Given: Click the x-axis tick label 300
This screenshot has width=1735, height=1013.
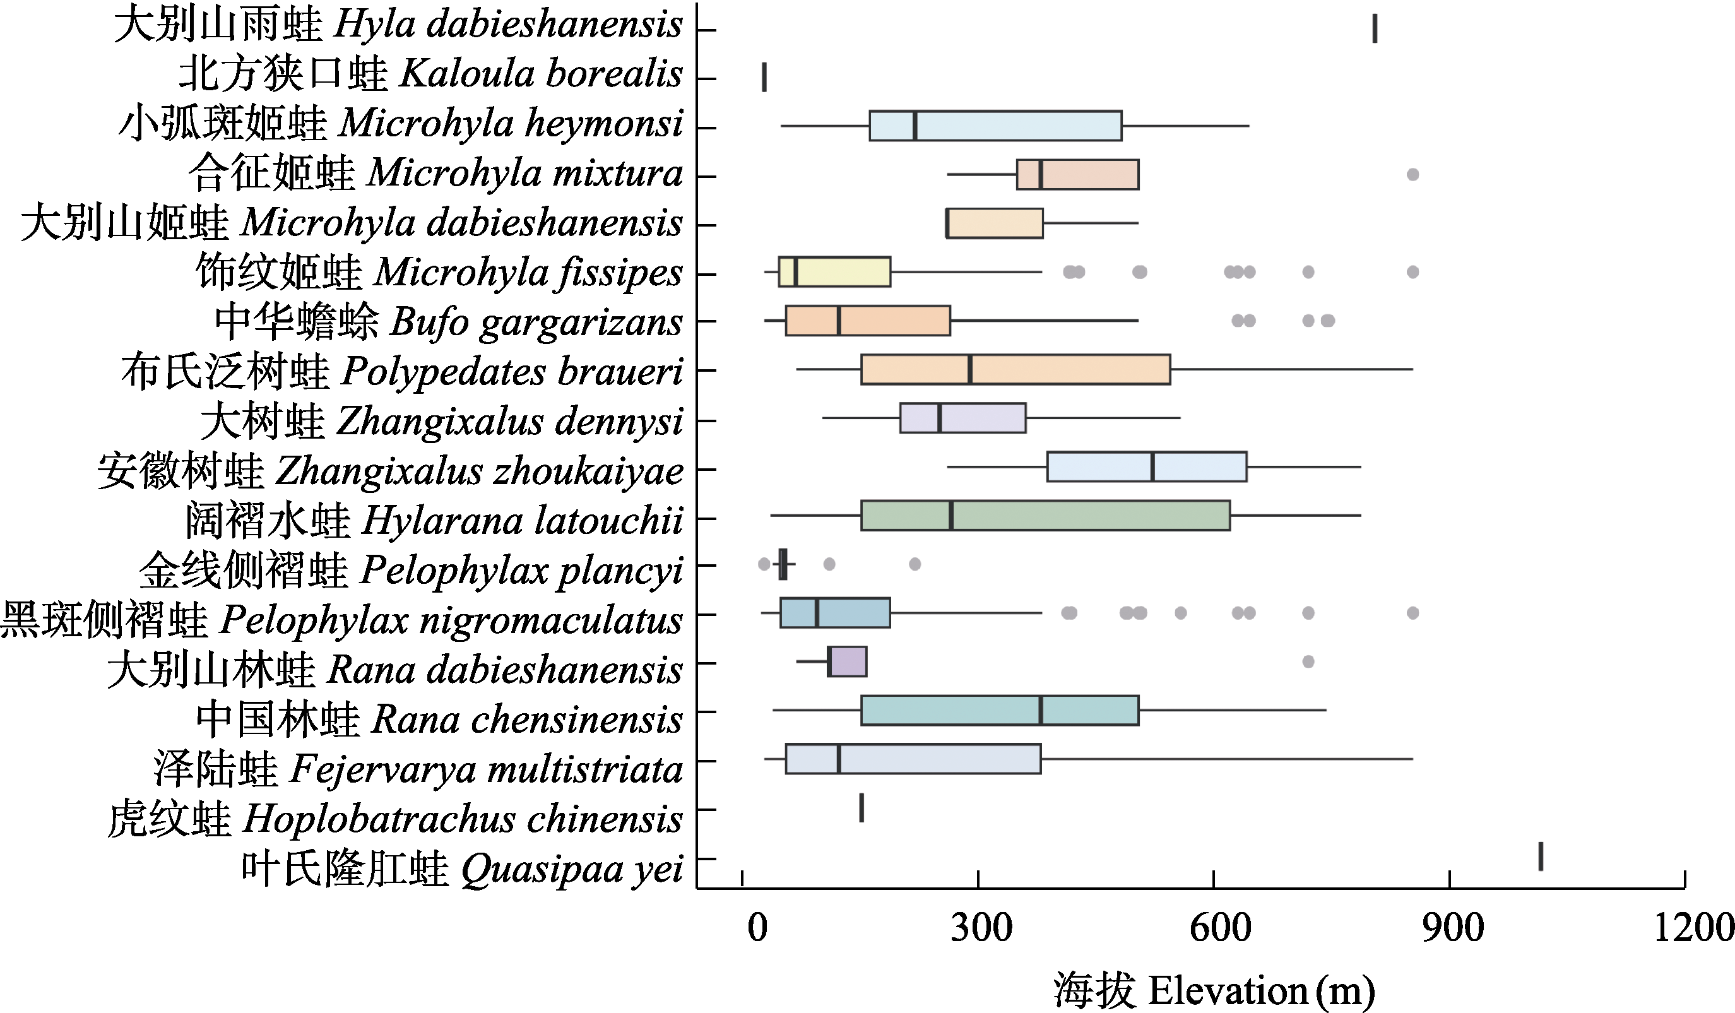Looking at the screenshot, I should (x=981, y=928).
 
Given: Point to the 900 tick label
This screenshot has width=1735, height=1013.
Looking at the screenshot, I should (x=1453, y=928).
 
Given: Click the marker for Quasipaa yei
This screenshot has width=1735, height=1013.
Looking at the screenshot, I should (x=1541, y=856).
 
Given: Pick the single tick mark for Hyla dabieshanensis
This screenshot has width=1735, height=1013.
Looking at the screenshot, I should (x=1375, y=29).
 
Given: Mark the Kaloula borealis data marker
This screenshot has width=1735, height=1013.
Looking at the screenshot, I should (x=764, y=77).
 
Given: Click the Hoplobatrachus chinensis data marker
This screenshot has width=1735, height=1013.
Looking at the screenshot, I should (x=862, y=808).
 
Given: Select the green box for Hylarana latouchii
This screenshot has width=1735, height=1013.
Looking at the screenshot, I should (x=1045, y=516).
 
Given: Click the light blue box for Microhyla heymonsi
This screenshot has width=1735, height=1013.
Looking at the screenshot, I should (x=995, y=126).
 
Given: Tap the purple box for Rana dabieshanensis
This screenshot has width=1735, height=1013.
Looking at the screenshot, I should (x=848, y=662).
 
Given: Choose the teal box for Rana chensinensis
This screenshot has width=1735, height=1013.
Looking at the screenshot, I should (x=1000, y=711).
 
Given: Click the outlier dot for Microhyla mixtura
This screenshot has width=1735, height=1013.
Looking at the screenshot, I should (x=1412, y=175).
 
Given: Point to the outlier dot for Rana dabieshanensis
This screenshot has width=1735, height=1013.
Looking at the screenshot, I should (x=1308, y=662).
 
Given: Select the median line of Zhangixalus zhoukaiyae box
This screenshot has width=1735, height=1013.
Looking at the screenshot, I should (x=1152, y=467).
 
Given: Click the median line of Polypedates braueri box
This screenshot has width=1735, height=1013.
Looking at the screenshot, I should (x=970, y=369).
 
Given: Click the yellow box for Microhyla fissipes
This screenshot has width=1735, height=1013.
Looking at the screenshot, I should (x=834, y=271).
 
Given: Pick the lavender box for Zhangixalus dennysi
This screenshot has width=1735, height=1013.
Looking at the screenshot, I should (x=962, y=418).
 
